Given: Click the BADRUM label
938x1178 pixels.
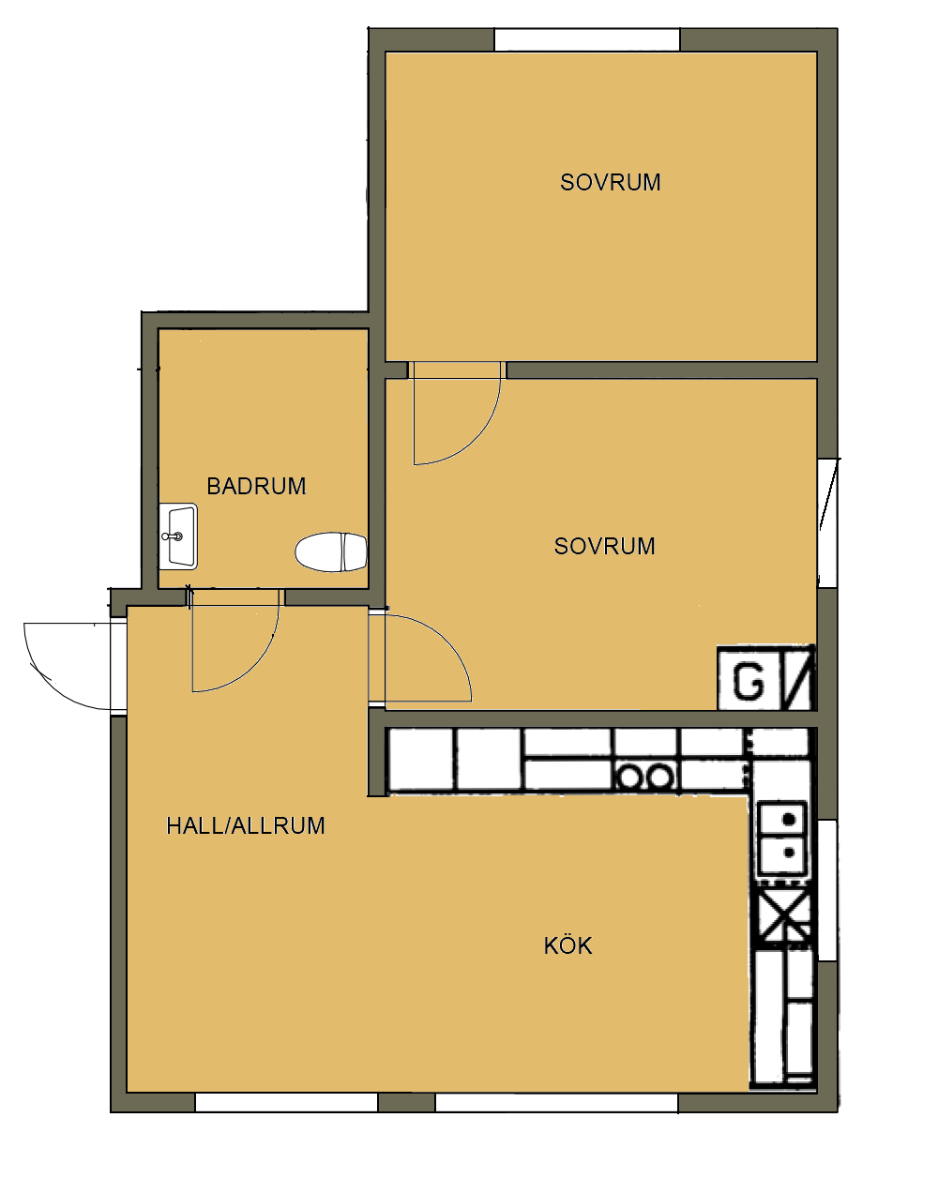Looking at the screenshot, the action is pyautogui.click(x=256, y=486).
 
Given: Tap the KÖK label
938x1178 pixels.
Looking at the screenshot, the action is pyautogui.click(x=567, y=945).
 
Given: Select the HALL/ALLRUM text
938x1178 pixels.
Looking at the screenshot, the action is pyautogui.click(x=246, y=826).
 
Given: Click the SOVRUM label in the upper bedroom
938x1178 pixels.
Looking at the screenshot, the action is pyautogui.click(x=610, y=183).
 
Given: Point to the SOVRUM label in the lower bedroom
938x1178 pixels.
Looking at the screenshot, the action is pyautogui.click(x=604, y=546).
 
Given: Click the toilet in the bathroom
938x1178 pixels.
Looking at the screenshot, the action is pyautogui.click(x=331, y=551).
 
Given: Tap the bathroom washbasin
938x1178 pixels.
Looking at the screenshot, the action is pyautogui.click(x=178, y=536).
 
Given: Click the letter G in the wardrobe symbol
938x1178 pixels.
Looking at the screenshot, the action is pyautogui.click(x=749, y=681).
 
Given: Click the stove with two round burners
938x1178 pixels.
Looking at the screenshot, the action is pyautogui.click(x=645, y=777).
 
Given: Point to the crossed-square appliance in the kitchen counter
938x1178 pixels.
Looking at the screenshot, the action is pyautogui.click(x=783, y=914).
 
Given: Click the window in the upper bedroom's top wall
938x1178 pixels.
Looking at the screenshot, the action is pyautogui.click(x=587, y=40).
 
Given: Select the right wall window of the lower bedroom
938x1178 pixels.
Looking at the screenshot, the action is pyautogui.click(x=827, y=523).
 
